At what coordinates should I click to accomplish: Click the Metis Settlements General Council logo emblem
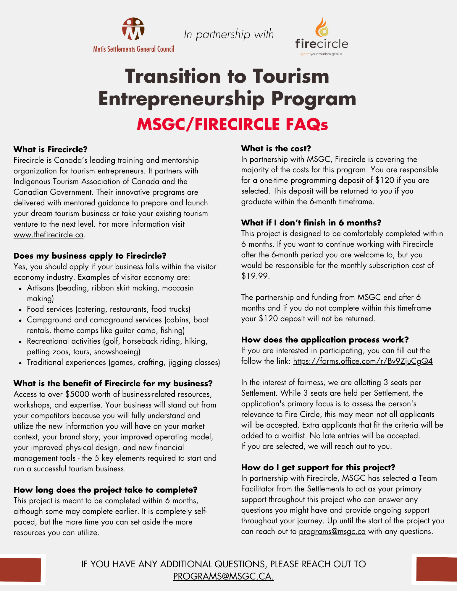pos(133,29)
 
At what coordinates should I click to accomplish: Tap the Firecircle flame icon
pos(322,27)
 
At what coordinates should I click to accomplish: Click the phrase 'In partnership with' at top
pos(229,34)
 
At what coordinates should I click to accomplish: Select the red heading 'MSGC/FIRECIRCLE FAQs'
pos(232,124)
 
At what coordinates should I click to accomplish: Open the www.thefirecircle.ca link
pos(49,235)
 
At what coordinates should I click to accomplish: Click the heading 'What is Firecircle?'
pos(51,149)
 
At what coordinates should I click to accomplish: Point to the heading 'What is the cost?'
pos(276,148)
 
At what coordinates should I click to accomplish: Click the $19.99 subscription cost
pos(255,276)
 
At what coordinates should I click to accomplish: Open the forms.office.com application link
pos(363,361)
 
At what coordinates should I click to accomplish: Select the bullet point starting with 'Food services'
pos(108,309)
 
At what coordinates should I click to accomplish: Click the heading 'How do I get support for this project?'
pos(318,467)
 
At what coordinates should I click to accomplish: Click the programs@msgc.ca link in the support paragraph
pos(332,531)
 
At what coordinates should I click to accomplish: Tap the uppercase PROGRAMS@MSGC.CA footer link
pos(223,576)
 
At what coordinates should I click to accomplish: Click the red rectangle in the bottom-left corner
pos(20,570)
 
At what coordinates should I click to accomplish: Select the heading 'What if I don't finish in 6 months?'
pos(311,223)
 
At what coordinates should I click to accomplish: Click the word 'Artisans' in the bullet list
pos(41,288)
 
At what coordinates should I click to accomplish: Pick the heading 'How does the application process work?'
pos(325,340)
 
